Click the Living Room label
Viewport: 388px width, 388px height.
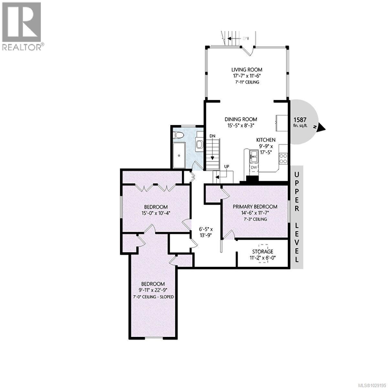coord(246,70)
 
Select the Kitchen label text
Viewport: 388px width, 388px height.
coord(266,140)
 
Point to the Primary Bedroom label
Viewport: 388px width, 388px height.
coord(255,207)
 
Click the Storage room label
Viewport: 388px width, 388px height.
coord(263,251)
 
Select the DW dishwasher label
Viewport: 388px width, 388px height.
coord(254,167)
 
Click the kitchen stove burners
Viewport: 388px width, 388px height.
coord(283,158)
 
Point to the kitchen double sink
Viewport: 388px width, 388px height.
coord(253,158)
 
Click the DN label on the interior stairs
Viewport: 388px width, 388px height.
coord(212,136)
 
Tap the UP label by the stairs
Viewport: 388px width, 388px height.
coord(227,167)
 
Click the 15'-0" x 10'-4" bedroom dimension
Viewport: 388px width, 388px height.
coord(156,213)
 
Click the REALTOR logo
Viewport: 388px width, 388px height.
coord(22,26)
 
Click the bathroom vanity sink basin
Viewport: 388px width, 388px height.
coord(199,144)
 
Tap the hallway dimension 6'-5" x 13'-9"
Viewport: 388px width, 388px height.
coord(205,232)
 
